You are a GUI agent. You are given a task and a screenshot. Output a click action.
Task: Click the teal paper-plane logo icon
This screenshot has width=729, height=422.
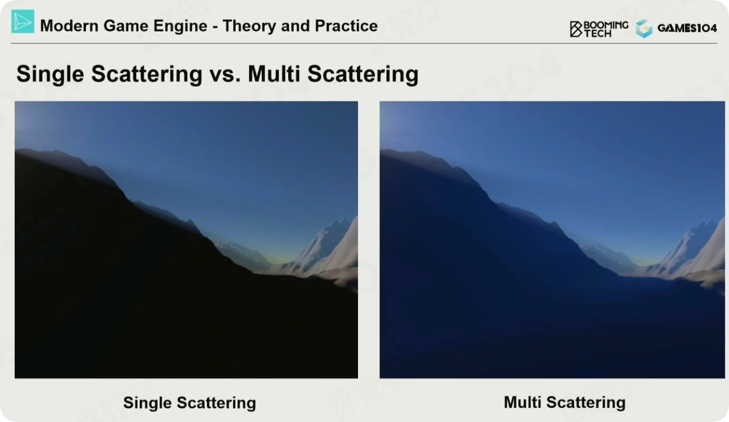point(23,21)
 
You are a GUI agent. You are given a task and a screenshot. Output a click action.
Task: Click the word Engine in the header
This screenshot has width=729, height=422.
point(180,27)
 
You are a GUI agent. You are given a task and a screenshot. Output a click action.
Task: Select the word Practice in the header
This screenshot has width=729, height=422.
point(346,26)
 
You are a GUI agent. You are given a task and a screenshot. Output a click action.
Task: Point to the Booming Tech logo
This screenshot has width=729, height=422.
point(599,29)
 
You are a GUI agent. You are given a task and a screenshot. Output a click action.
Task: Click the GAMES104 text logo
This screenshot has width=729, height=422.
point(687,28)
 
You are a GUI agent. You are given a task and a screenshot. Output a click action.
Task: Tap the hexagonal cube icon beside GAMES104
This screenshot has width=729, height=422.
point(644,29)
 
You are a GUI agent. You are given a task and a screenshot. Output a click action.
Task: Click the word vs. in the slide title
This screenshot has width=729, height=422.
point(225,74)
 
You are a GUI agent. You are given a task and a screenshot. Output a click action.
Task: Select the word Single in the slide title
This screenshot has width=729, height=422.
point(50,74)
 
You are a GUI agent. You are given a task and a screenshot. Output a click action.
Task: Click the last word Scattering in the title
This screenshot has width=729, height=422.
point(363,74)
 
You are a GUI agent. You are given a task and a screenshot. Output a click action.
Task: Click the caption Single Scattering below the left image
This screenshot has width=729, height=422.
point(189,403)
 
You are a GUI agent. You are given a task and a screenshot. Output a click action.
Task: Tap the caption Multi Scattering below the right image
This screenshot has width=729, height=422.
point(564,402)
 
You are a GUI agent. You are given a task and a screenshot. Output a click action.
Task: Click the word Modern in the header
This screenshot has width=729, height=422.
point(69,26)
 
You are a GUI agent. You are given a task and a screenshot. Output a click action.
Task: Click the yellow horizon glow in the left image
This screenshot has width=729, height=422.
point(279,261)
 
